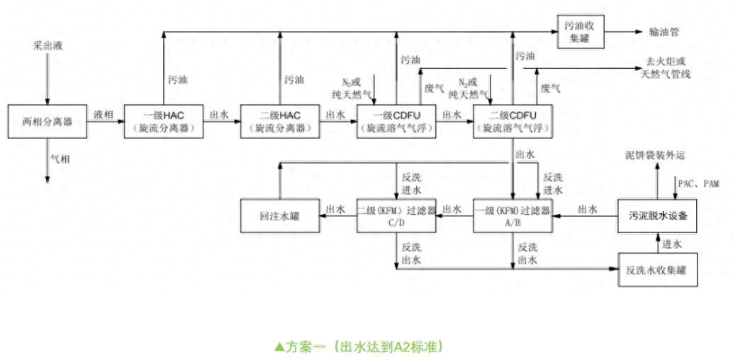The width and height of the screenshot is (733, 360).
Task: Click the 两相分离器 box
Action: [x=47, y=120]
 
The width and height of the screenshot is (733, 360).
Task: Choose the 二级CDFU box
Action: [x=514, y=120]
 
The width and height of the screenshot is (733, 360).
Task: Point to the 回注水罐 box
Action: [x=280, y=215]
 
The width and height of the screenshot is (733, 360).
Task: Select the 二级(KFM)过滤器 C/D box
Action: [x=395, y=215]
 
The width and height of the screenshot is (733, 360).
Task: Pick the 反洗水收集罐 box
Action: [x=656, y=270]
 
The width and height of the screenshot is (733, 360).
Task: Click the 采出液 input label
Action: [x=47, y=46]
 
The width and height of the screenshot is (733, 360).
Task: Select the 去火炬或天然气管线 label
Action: [x=665, y=69]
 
